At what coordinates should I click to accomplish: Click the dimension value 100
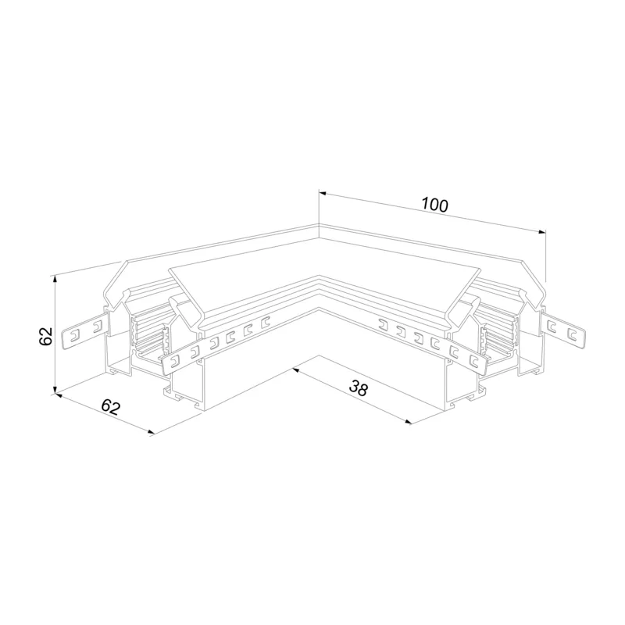[x=435, y=205]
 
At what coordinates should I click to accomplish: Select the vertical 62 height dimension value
[x=46, y=336]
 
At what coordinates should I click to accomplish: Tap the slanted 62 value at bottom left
[x=110, y=407]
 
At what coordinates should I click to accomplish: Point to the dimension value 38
[x=358, y=388]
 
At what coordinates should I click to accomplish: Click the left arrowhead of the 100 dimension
[x=323, y=194]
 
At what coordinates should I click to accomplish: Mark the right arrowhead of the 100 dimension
[x=542, y=232]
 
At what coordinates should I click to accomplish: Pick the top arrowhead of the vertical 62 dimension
[x=55, y=279]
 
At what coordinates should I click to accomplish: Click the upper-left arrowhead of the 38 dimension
[x=295, y=370]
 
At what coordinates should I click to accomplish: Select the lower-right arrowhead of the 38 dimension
[x=407, y=422]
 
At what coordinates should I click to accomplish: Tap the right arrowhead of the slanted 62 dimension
[x=150, y=432]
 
